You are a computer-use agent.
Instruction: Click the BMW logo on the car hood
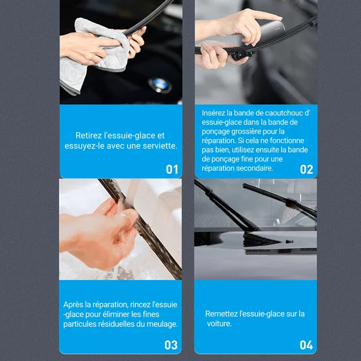[x=160, y=85]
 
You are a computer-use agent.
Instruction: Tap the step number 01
[x=172, y=170]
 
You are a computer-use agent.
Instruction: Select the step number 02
[x=306, y=170]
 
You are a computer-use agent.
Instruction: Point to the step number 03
[x=171, y=345]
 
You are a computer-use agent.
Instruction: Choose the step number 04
[x=306, y=345]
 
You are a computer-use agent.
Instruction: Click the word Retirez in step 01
[x=88, y=135]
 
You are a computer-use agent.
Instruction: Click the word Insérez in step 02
[x=213, y=113]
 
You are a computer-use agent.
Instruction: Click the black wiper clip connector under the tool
[x=242, y=55]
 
